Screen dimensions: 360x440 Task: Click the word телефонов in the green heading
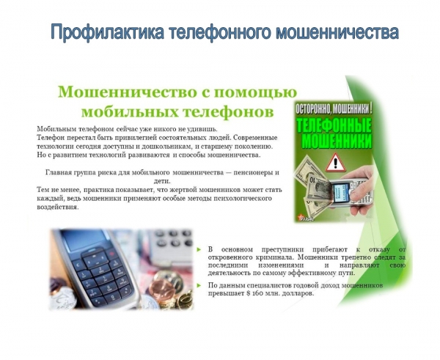point(232,111)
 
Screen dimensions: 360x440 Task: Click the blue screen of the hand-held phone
point(340,192)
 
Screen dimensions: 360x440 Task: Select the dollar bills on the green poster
point(312,183)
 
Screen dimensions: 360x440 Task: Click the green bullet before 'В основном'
point(199,250)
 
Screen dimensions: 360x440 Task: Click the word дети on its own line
point(162,180)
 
